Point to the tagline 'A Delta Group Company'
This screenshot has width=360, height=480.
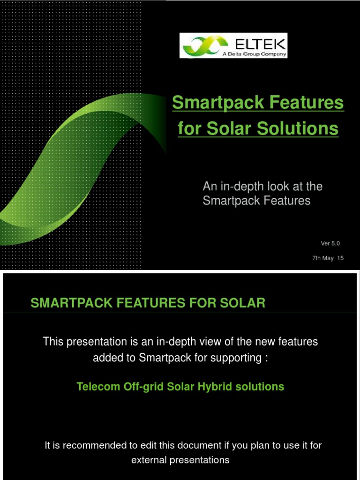(254, 53)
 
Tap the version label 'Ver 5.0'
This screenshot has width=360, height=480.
(330, 243)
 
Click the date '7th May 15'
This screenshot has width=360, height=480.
(328, 258)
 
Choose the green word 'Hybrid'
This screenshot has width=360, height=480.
(207, 387)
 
